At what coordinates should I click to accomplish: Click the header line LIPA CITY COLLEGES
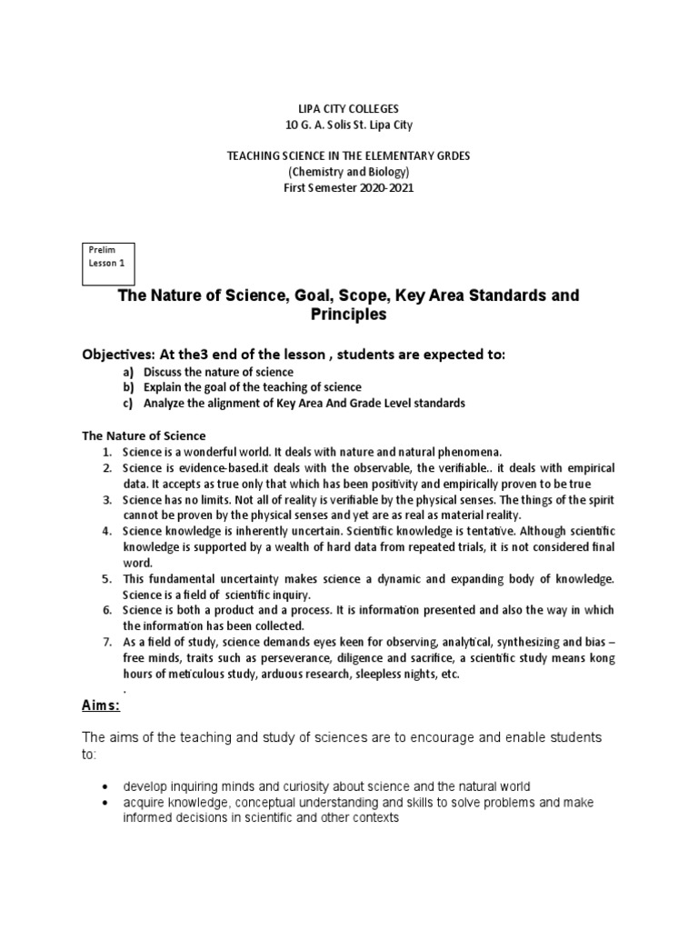[x=348, y=109]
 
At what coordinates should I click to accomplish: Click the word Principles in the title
[x=348, y=315]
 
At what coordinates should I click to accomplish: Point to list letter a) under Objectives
[x=128, y=373]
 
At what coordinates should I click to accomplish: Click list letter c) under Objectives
[x=128, y=404]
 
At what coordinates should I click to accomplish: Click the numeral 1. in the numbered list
[x=106, y=452]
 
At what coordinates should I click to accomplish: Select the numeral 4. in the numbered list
[x=106, y=531]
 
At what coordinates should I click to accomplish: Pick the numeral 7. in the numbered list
[x=106, y=642]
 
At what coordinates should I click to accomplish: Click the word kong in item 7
[x=601, y=658]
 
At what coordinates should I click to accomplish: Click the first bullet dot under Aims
[x=107, y=786]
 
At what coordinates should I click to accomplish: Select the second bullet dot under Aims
[x=107, y=803]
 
